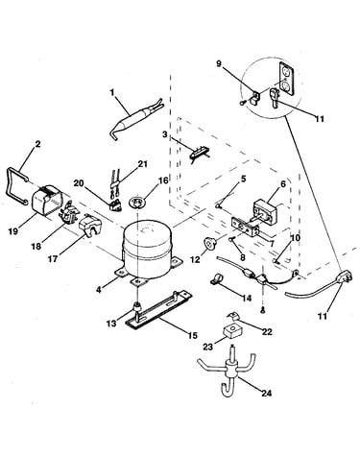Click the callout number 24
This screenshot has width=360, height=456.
266,393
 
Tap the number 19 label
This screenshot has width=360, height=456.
13,230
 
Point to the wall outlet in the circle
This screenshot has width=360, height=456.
286,79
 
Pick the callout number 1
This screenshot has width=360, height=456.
112,93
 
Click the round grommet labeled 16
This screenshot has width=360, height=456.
138,203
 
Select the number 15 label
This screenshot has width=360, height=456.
193,336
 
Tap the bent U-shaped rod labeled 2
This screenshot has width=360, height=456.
16,184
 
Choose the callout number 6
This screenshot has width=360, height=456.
283,184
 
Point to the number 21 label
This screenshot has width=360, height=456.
143,164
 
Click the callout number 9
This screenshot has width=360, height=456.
219,63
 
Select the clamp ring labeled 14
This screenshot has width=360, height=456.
217,278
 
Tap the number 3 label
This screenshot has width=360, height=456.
164,134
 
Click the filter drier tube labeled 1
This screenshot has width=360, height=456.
135,119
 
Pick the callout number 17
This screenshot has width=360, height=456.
53,259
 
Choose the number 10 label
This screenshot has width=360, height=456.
296,238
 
